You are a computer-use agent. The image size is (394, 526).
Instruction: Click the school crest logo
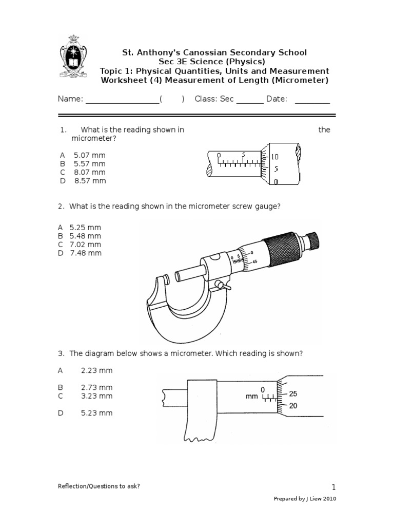click(x=73, y=57)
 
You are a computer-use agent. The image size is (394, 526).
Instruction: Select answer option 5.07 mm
click(x=89, y=155)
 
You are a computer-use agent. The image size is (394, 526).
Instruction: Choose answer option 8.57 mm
click(x=89, y=181)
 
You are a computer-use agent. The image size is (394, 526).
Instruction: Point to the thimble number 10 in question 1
click(x=275, y=156)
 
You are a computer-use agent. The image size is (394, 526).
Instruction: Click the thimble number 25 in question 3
click(x=293, y=394)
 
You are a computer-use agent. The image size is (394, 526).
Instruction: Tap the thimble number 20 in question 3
click(x=293, y=406)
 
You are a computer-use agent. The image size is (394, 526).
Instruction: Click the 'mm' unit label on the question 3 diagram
click(x=251, y=397)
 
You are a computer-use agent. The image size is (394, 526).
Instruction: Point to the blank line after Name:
click(x=122, y=100)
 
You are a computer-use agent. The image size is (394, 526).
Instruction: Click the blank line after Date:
click(x=312, y=100)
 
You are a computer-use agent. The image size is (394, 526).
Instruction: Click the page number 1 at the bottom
click(x=333, y=487)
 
